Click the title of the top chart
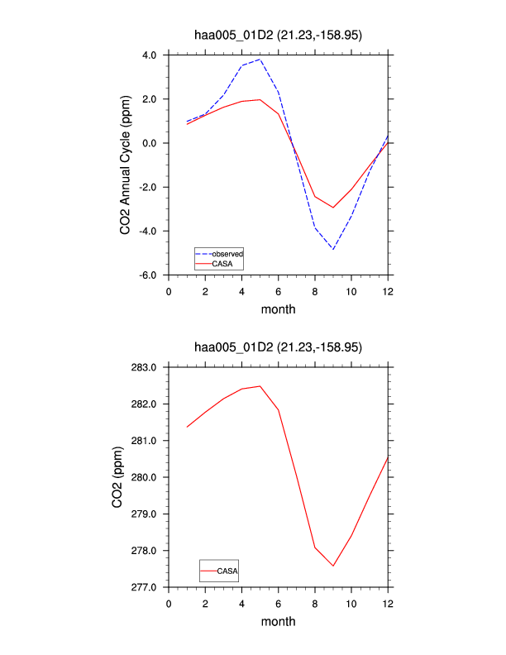click(278, 36)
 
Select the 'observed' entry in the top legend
click(227, 253)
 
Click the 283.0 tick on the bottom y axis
click(146, 366)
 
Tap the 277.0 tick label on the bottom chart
click(146, 587)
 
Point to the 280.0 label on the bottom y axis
click(146, 477)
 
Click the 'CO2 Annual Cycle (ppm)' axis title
click(126, 164)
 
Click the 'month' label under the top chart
click(279, 309)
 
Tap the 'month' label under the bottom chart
click(279, 622)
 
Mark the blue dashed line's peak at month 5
click(260, 60)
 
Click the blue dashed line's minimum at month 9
click(333, 249)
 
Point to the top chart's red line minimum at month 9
click(333, 208)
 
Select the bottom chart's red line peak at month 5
click(260, 386)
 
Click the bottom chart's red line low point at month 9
click(333, 566)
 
